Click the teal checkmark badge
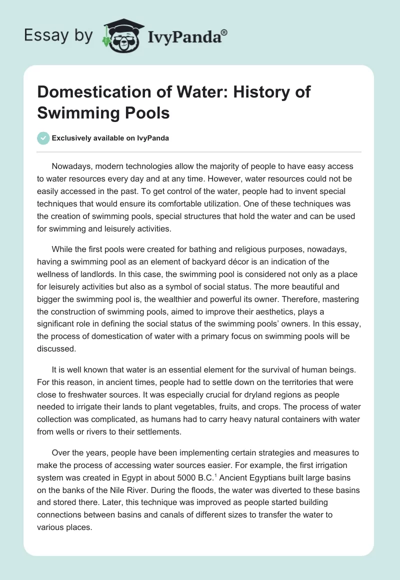(44, 138)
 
